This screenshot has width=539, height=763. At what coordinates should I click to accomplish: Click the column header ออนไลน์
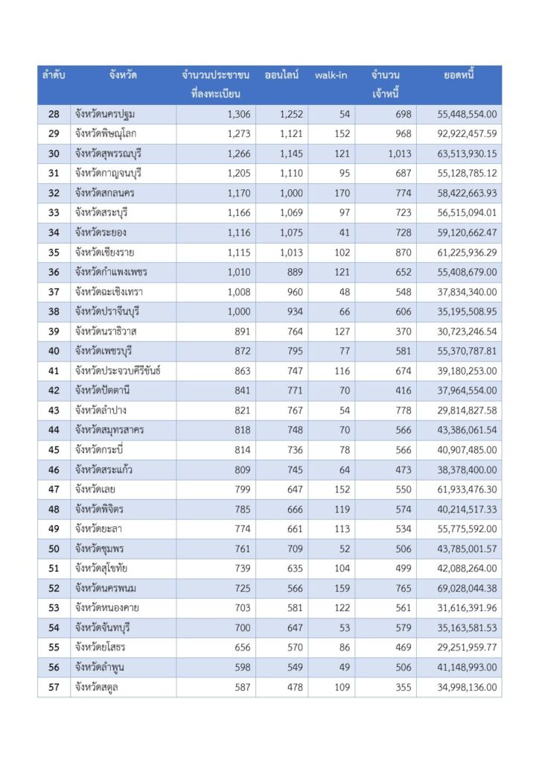click(x=282, y=75)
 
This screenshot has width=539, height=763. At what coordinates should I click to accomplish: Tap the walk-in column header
click(x=331, y=75)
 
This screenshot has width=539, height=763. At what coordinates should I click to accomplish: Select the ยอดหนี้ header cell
click(x=459, y=75)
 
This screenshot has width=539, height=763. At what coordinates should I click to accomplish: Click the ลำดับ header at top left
click(x=54, y=75)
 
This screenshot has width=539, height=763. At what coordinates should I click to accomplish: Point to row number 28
click(x=54, y=114)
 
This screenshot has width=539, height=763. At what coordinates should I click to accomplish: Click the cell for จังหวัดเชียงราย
click(x=104, y=252)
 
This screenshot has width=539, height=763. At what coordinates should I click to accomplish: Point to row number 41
click(x=54, y=370)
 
